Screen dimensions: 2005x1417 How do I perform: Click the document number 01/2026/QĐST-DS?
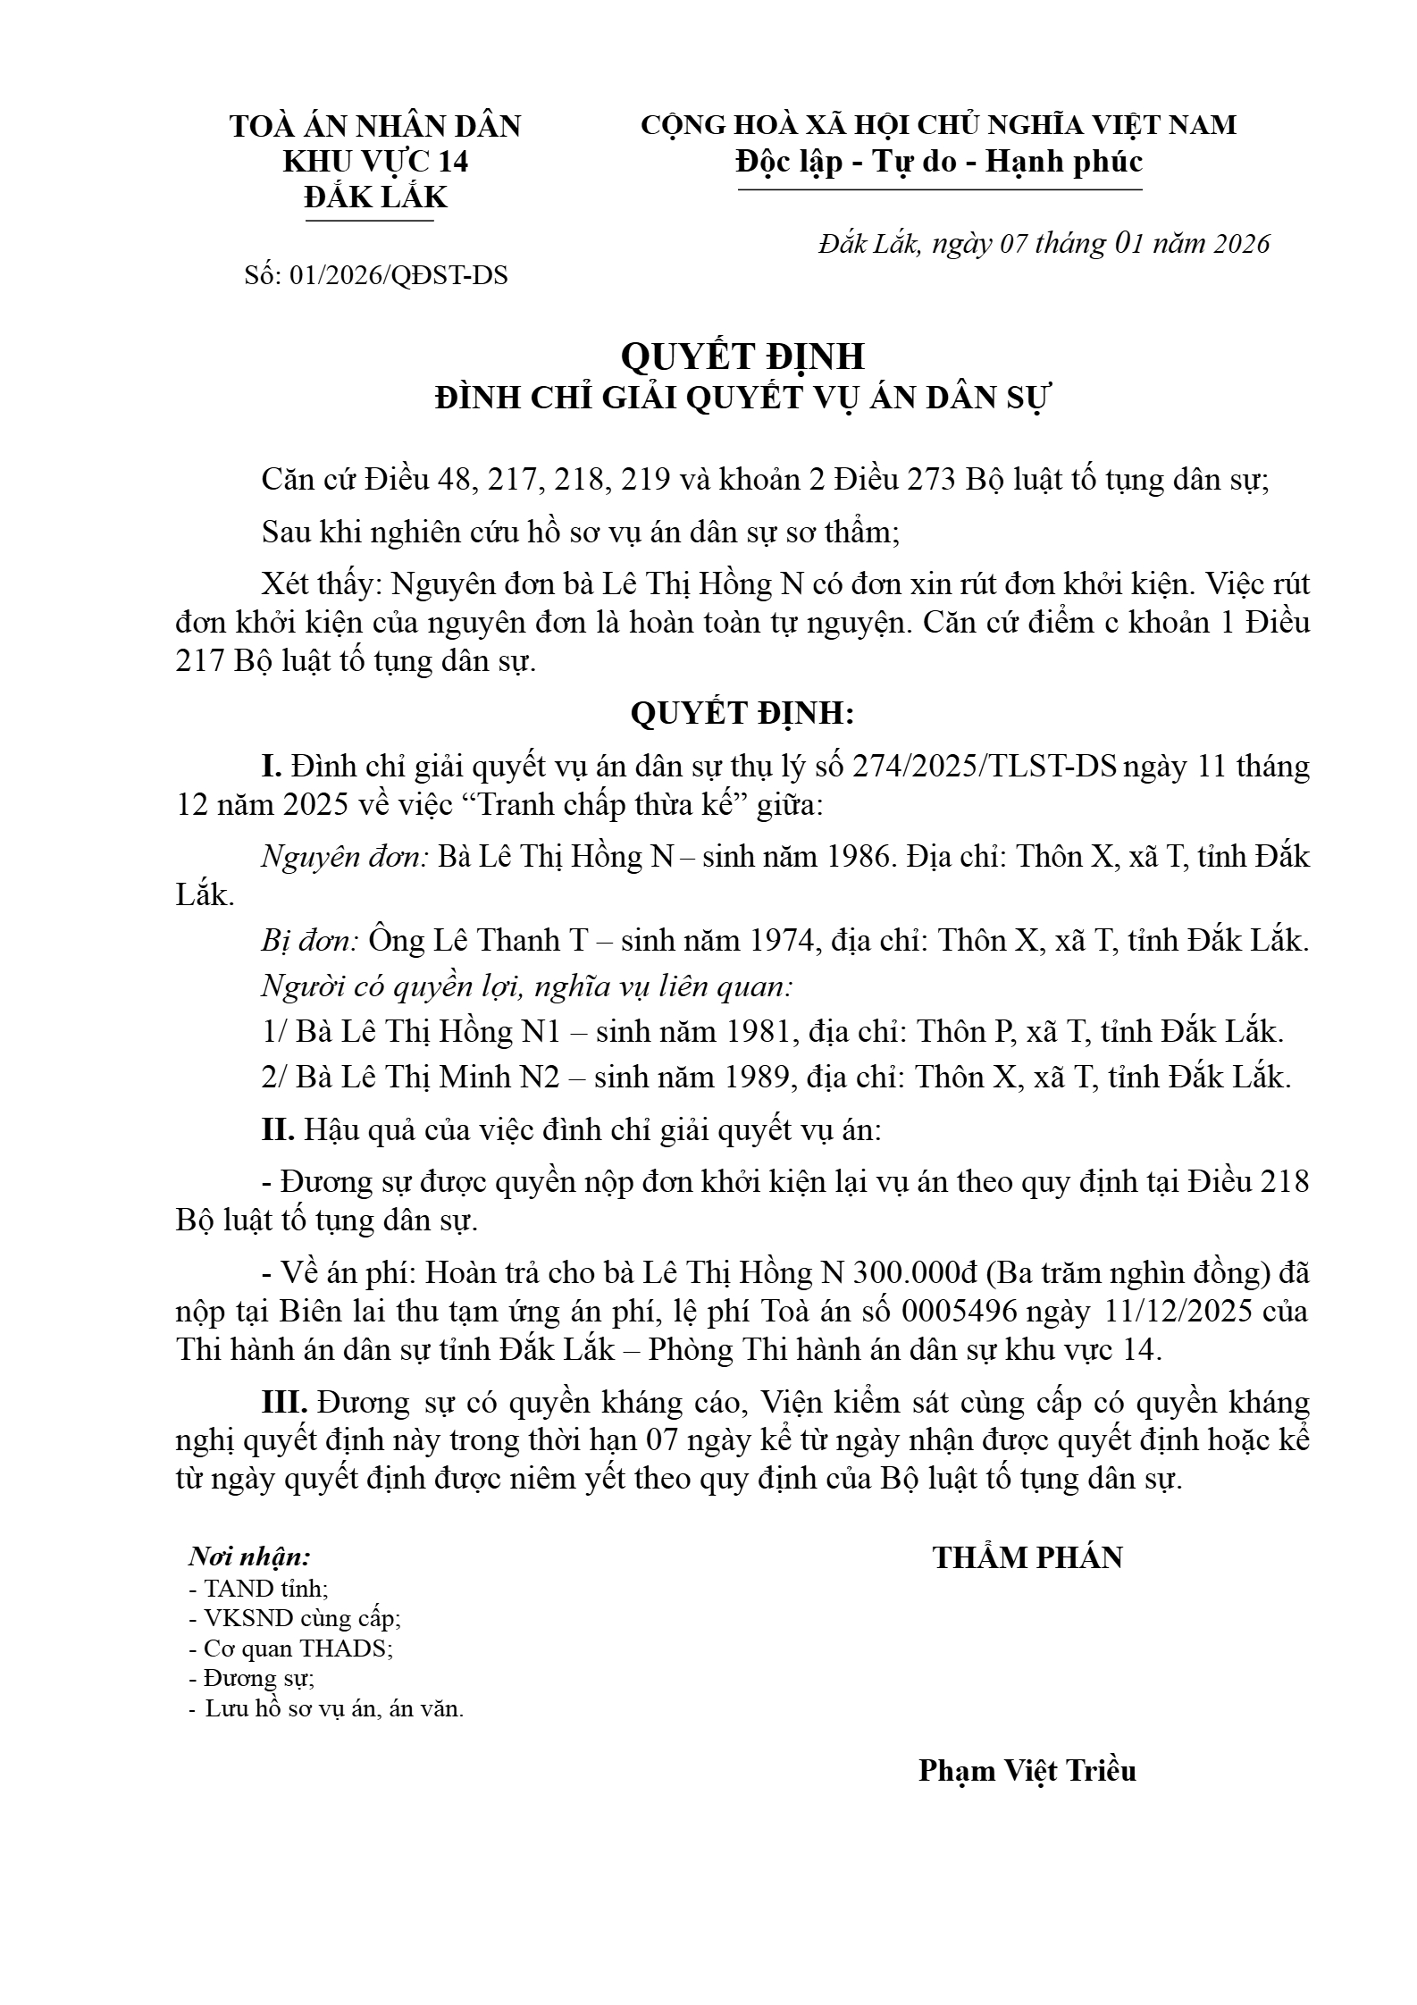point(398,275)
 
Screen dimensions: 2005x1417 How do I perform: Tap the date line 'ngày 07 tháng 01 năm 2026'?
point(1100,244)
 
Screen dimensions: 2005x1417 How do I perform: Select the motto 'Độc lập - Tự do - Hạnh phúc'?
point(939,162)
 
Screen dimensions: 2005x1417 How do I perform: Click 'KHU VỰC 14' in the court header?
point(375,162)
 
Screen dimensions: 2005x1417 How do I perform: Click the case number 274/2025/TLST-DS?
point(985,767)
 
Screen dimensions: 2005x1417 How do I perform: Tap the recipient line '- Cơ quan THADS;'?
point(292,1648)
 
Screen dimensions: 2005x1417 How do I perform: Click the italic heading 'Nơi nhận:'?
point(249,1556)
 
